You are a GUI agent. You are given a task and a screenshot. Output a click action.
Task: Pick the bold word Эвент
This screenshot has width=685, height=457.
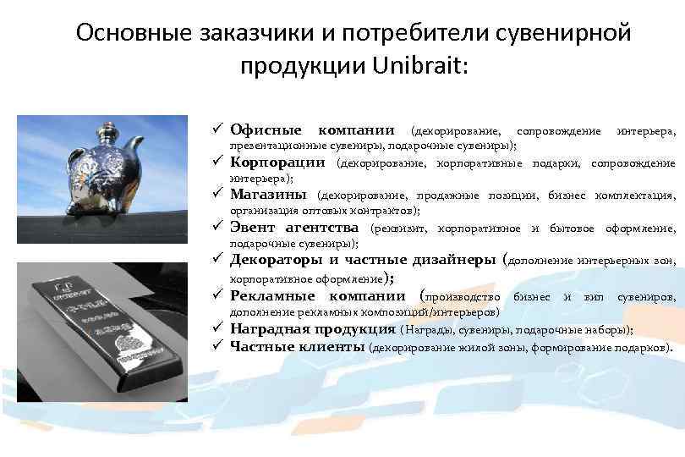255,228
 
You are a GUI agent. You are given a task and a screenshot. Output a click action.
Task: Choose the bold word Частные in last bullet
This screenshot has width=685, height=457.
263,346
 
